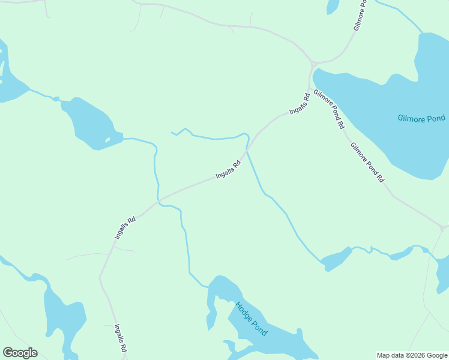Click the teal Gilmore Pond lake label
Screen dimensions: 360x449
(x=421, y=118)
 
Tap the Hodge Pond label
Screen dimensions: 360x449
(x=251, y=319)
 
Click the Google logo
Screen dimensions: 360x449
(x=20, y=353)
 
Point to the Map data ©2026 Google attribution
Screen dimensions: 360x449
(x=412, y=355)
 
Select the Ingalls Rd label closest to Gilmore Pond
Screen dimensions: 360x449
(x=299, y=104)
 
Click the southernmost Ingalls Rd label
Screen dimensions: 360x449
(x=121, y=338)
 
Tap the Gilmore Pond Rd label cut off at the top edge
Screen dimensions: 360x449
(x=360, y=16)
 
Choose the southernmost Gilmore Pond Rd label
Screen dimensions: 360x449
(x=367, y=162)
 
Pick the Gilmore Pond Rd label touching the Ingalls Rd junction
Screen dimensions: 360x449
(x=329, y=110)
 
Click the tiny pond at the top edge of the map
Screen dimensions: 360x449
(x=333, y=6)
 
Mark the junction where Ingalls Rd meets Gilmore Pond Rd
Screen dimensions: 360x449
(x=310, y=89)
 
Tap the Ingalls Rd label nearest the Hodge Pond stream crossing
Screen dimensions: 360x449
(x=125, y=229)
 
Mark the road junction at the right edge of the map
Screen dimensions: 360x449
(x=442, y=228)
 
